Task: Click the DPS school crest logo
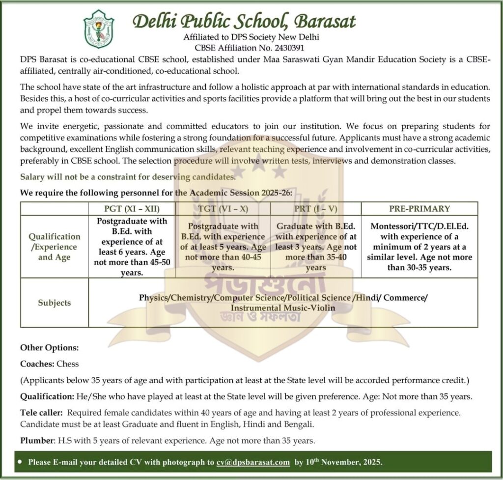click(x=99, y=28)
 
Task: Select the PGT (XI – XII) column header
click(x=132, y=208)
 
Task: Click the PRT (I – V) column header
click(x=316, y=208)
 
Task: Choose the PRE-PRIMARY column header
click(x=419, y=208)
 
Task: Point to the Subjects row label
click(x=55, y=303)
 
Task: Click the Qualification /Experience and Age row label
click(x=55, y=247)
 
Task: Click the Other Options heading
click(x=49, y=348)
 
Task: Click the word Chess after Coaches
click(x=68, y=364)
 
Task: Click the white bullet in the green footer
click(x=19, y=462)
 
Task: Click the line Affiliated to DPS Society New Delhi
click(x=251, y=37)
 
